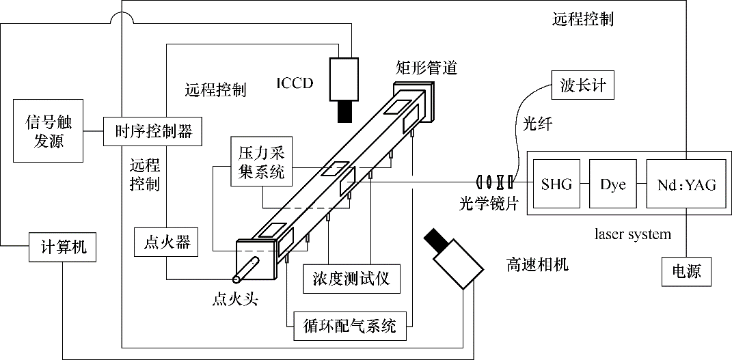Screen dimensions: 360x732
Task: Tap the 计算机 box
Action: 62,247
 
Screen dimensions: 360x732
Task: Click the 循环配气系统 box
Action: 349,326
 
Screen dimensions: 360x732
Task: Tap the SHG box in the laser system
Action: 556,184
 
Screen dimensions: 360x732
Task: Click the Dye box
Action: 613,184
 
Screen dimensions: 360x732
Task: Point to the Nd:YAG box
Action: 682,184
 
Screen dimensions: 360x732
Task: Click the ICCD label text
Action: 294,84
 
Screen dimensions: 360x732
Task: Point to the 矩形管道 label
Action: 426,68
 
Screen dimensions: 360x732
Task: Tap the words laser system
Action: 633,234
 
